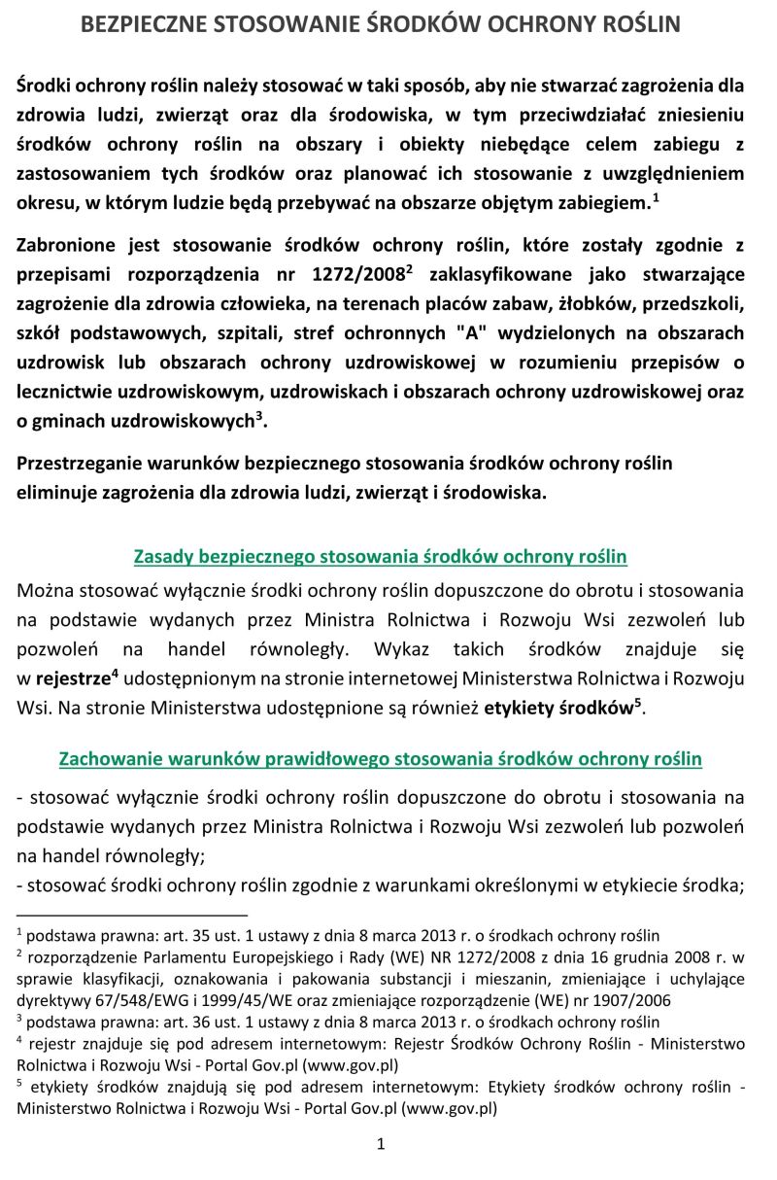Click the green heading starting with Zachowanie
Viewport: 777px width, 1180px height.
380,757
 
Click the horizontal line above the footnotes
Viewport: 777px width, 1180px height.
132,915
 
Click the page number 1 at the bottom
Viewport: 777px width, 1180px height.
382,1144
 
